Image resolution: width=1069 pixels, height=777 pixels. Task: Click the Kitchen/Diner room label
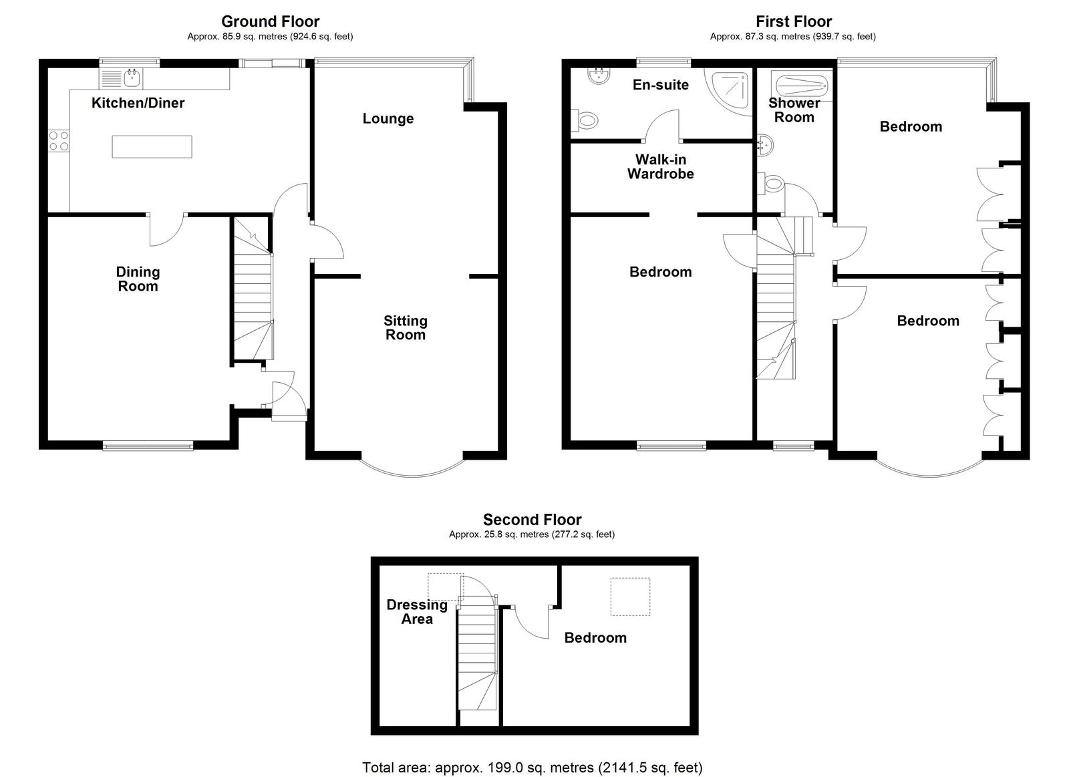[138, 103]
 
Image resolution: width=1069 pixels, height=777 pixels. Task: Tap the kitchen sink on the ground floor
[121, 79]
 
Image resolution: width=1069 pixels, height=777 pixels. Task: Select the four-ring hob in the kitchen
[59, 141]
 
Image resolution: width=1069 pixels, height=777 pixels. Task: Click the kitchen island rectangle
[152, 146]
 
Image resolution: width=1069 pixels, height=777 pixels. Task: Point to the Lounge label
[388, 119]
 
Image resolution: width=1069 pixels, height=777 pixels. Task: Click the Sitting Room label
[405, 328]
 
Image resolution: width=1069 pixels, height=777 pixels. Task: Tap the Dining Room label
[138, 279]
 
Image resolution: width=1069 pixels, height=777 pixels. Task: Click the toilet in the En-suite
[585, 120]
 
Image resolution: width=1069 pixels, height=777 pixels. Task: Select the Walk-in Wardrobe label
[661, 166]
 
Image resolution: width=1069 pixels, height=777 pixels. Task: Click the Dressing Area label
[417, 612]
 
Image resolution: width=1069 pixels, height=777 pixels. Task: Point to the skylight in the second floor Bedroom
[631, 597]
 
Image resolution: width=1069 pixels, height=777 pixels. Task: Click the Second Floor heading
[532, 519]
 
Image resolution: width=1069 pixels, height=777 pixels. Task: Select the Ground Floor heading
[270, 21]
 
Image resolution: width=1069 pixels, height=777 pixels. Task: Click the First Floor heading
[794, 21]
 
